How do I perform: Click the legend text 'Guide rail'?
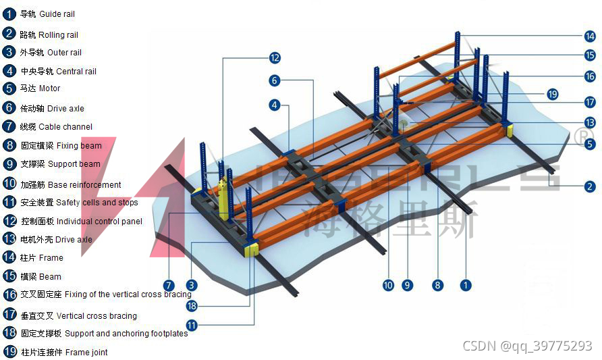click(57, 14)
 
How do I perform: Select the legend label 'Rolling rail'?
click(58, 34)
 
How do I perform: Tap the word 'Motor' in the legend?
click(49, 88)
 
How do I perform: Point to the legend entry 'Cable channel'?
click(65, 126)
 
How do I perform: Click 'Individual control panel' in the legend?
click(99, 221)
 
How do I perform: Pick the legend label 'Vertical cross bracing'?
click(97, 315)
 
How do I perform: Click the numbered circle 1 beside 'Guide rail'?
click(9, 14)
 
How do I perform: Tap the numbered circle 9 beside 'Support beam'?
click(9, 163)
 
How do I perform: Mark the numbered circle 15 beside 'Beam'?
click(9, 276)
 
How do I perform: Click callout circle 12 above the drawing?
click(274, 58)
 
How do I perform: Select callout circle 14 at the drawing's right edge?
click(590, 36)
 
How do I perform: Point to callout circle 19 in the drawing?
click(553, 94)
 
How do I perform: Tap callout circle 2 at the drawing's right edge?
click(590, 186)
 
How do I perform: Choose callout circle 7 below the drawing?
click(169, 286)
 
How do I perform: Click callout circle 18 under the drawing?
click(192, 305)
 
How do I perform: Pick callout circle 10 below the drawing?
click(387, 286)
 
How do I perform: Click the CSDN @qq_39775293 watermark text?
click(527, 346)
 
